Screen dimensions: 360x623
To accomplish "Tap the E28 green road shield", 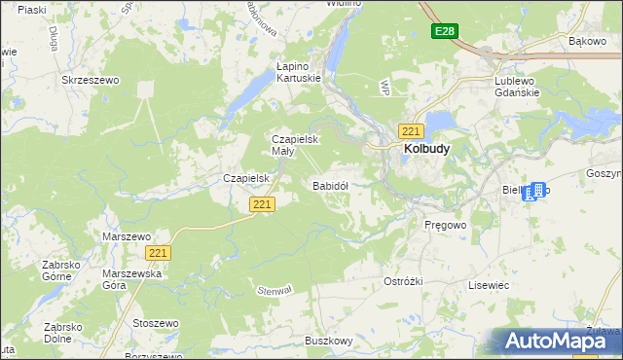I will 445,32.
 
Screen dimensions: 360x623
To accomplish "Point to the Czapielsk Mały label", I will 291,146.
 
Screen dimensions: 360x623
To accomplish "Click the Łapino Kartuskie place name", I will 298,73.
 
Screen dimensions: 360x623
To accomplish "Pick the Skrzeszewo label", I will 90,81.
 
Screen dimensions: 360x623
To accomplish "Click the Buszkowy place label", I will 328,341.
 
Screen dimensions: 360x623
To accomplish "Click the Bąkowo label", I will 587,42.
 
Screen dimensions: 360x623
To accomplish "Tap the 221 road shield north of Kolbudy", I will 411,130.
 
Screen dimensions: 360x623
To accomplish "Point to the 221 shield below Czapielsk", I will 262,204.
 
